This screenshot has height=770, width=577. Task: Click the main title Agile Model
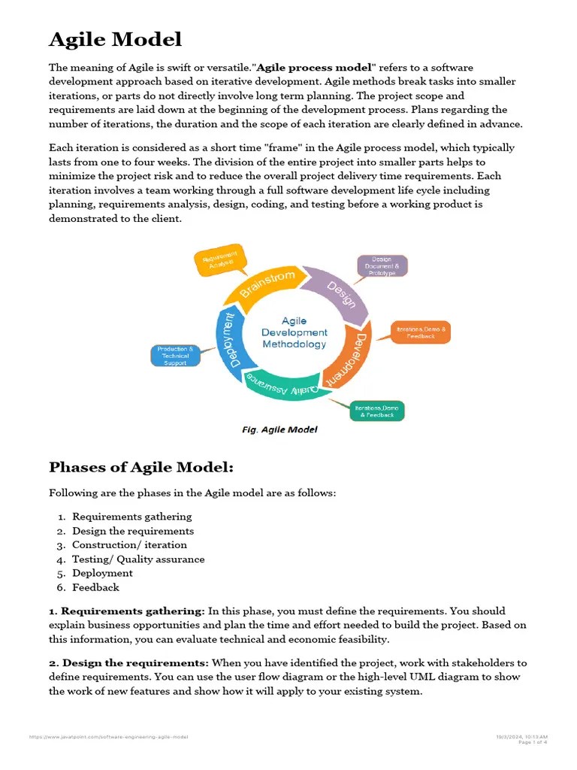(x=115, y=39)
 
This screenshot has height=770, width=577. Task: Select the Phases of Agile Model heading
(x=141, y=468)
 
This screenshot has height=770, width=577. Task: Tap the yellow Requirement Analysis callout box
(x=219, y=259)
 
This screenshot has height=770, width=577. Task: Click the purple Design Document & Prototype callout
(x=382, y=266)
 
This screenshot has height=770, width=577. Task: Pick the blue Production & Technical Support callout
(x=175, y=355)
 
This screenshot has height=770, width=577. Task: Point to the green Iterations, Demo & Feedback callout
(x=377, y=411)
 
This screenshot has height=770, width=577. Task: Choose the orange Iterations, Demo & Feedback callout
(x=421, y=332)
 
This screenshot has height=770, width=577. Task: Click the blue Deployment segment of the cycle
(x=234, y=342)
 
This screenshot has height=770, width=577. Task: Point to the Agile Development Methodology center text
(x=295, y=332)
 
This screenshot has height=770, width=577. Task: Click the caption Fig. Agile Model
(x=279, y=429)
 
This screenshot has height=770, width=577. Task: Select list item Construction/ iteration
(x=129, y=545)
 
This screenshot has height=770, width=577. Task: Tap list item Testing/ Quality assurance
(x=138, y=559)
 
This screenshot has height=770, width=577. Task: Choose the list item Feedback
(x=95, y=587)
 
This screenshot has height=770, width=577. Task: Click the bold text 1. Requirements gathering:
(x=127, y=611)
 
